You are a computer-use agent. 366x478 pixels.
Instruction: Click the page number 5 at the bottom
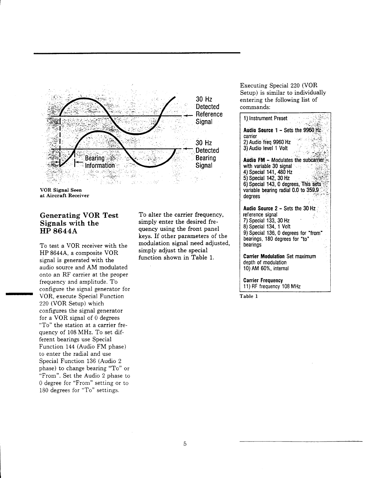pos(185,444)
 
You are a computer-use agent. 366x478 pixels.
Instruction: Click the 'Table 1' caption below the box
pos(249,296)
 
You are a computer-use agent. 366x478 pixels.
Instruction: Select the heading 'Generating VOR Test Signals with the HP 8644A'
pos(79,223)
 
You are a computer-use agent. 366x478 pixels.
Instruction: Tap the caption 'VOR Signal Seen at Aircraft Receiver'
pos(64,193)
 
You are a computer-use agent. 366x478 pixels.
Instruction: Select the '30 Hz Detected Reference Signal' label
pos(209,110)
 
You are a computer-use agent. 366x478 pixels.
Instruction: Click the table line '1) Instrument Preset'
pos(265,118)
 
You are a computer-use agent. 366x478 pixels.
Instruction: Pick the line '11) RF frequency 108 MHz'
pos(272,286)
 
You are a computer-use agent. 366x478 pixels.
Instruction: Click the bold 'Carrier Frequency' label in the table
pos(263,280)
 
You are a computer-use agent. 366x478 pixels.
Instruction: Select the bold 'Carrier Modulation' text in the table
pos(264,257)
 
